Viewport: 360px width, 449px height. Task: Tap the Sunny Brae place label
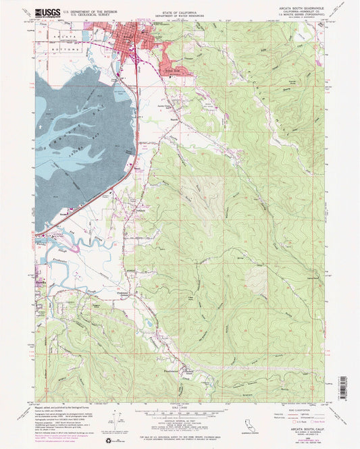tap(149, 68)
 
